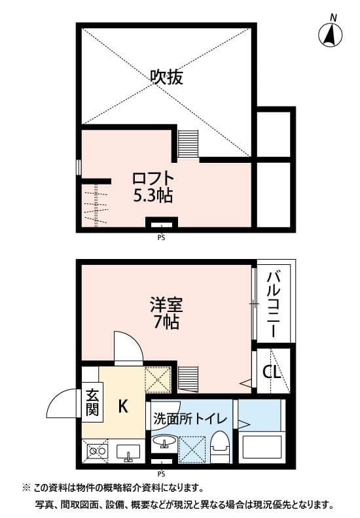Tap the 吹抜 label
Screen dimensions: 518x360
tap(166, 78)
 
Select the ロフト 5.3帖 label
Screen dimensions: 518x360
tap(154, 186)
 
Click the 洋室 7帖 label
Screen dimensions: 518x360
tap(166, 313)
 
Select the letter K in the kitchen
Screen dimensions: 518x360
tap(122, 406)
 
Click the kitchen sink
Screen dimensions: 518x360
tap(128, 451)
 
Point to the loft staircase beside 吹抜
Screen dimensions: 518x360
tap(188, 144)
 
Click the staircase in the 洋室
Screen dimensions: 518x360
tap(188, 379)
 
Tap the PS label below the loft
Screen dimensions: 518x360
tap(160, 238)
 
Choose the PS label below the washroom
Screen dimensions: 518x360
tap(160, 474)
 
